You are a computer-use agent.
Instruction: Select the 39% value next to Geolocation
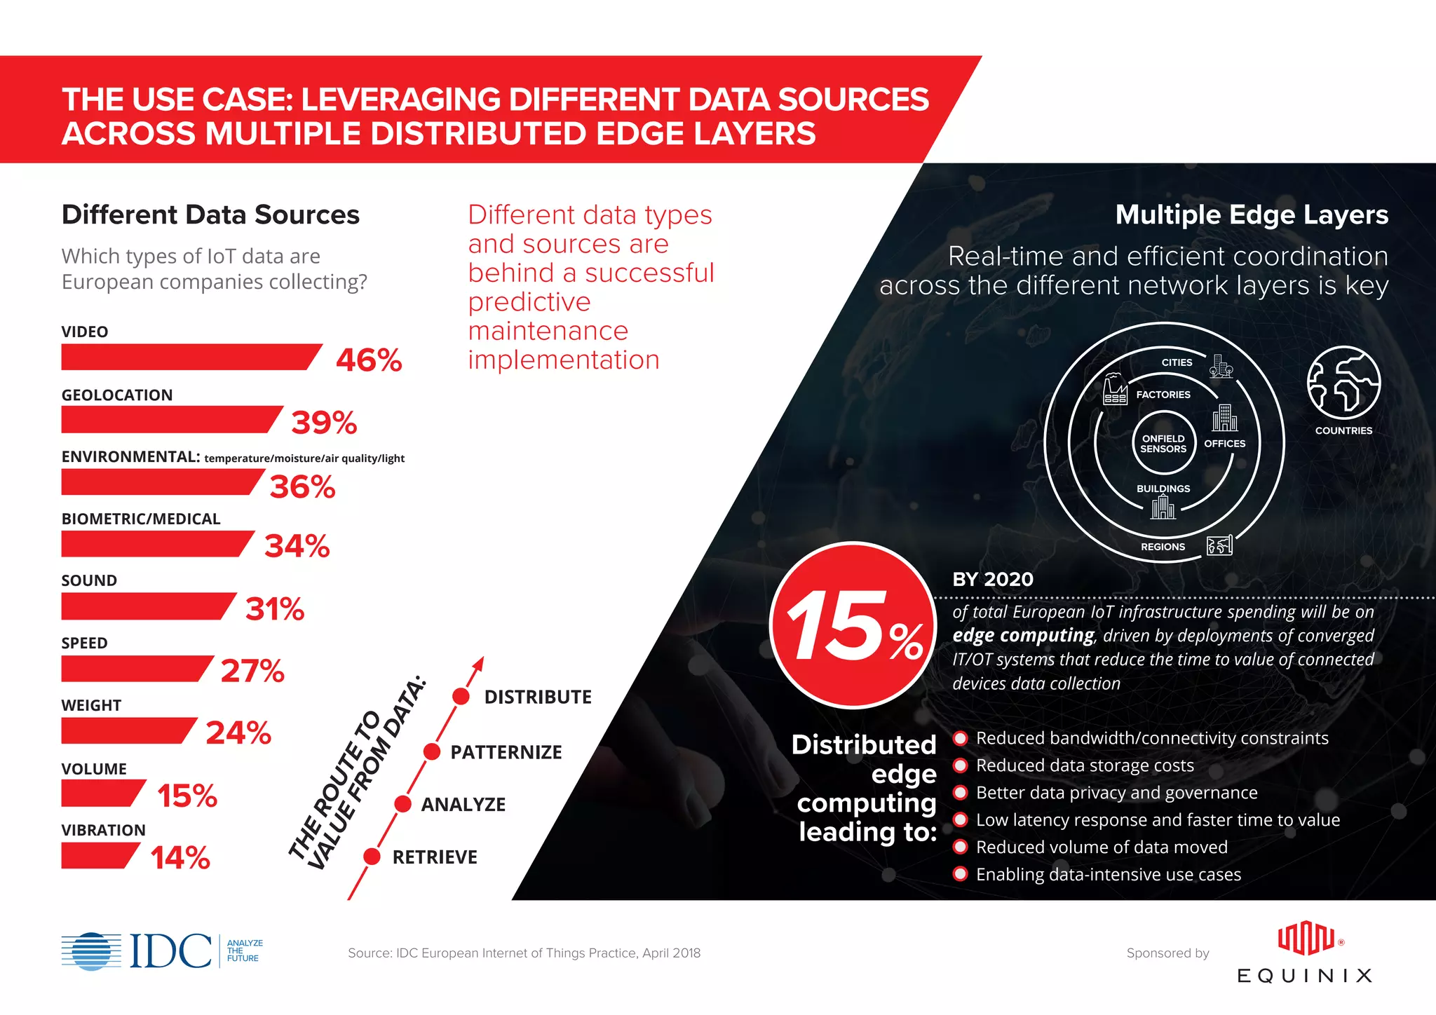pyautogui.click(x=324, y=423)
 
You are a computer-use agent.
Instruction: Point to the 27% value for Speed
pyautogui.click(x=252, y=671)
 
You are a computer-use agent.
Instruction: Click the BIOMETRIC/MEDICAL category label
pyautogui.click(x=141, y=519)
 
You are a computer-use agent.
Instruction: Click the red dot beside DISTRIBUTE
pyautogui.click(x=461, y=696)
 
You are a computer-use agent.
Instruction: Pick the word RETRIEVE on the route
pyautogui.click(x=435, y=857)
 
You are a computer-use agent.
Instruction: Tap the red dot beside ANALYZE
pyautogui.click(x=402, y=804)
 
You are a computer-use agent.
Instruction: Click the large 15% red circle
pyautogui.click(x=853, y=625)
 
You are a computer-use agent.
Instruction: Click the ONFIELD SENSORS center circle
pyautogui.click(x=1163, y=444)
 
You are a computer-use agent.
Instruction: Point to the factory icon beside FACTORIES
pyautogui.click(x=1115, y=389)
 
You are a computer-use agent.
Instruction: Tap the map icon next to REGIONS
pyautogui.click(x=1219, y=545)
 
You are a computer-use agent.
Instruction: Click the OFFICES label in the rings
pyautogui.click(x=1224, y=444)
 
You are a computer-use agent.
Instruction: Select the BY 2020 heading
pyautogui.click(x=992, y=580)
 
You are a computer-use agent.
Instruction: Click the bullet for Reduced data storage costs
pyautogui.click(x=961, y=765)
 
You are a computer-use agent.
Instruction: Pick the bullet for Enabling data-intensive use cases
pyautogui.click(x=961, y=874)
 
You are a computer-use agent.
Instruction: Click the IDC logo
pyautogui.click(x=161, y=951)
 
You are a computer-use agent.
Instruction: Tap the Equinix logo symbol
pyautogui.click(x=1305, y=939)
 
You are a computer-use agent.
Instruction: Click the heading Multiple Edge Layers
pyautogui.click(x=1251, y=215)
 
